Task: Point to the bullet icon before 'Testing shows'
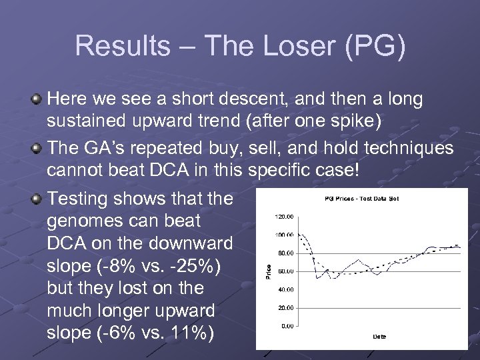click(37, 198)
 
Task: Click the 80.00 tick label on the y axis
click(285, 253)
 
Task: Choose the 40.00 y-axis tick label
click(285, 289)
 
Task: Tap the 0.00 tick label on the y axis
click(287, 326)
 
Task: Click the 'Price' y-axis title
click(269, 271)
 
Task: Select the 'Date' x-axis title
click(379, 337)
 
